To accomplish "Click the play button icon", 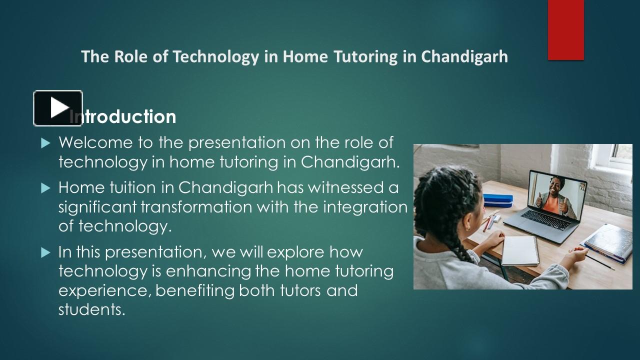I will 58,108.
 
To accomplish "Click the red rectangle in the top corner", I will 565,30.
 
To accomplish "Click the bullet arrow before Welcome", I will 46,143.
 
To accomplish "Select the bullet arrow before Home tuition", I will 46,188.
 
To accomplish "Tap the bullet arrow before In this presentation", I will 46,252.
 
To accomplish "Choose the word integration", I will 365,207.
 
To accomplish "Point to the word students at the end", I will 91,309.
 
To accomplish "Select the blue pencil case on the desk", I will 497,200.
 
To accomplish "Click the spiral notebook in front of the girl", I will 520,250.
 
